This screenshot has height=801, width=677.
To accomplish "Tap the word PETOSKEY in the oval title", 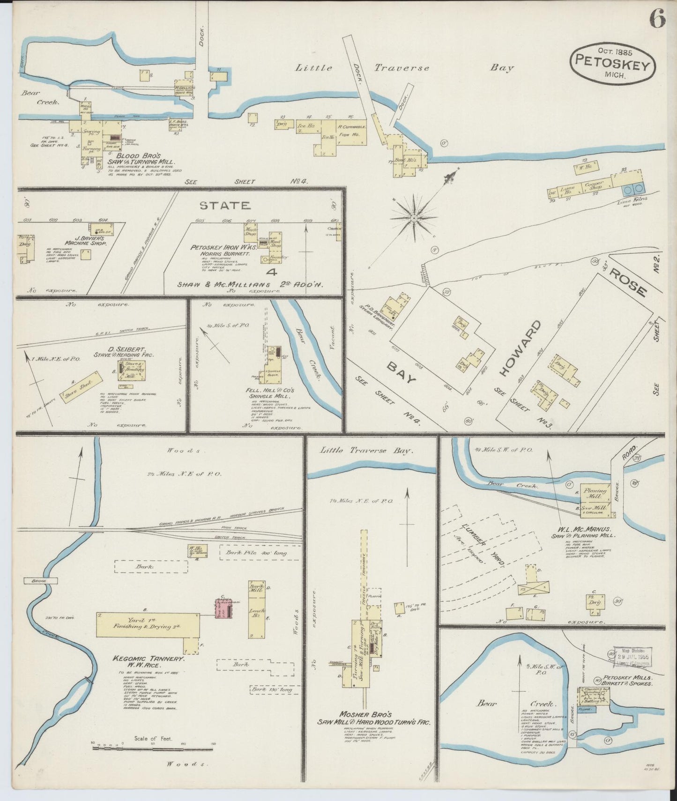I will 612,63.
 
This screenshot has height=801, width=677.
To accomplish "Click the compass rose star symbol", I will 414,218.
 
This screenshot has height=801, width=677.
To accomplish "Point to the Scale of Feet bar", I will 153,748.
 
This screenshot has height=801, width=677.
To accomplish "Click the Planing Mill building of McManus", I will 595,492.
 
